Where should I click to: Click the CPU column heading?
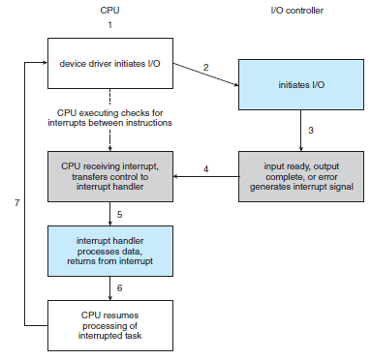(x=109, y=11)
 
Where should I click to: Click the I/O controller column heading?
(x=296, y=11)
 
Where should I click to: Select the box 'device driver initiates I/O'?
(x=110, y=63)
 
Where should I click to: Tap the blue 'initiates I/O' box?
(x=301, y=84)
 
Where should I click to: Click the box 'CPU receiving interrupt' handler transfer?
(x=110, y=176)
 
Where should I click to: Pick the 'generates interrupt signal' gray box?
(x=301, y=176)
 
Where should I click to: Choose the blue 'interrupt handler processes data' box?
(x=110, y=251)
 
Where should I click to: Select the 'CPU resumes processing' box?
(x=110, y=325)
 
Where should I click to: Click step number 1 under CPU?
(x=109, y=25)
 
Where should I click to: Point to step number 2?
(x=205, y=67)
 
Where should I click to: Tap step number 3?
(x=311, y=131)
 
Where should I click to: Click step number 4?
(x=205, y=168)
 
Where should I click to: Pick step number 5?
(x=119, y=215)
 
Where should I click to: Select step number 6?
(x=119, y=287)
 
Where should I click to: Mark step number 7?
(x=16, y=202)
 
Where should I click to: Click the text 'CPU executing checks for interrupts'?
(x=109, y=118)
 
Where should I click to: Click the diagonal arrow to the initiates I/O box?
(x=205, y=75)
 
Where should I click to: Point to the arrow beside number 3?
(x=301, y=131)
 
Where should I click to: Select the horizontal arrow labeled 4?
(x=206, y=176)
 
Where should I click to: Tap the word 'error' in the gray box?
(x=328, y=177)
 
